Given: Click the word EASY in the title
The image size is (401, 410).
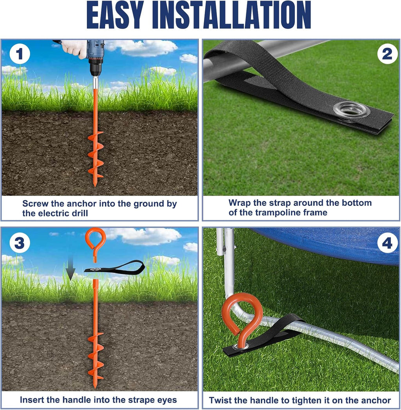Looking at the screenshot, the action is click(115, 15).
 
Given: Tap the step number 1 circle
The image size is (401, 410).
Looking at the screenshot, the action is click(20, 54).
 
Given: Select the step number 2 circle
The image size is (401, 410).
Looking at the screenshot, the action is click(387, 54).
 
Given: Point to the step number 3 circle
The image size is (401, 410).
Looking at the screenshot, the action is click(20, 243).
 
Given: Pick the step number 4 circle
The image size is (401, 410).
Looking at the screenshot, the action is click(387, 243).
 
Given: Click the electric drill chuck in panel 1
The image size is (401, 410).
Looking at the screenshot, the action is click(96, 68).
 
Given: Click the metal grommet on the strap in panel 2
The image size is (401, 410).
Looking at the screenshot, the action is click(352, 110).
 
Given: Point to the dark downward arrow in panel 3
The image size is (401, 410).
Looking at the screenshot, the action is click(70, 268).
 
